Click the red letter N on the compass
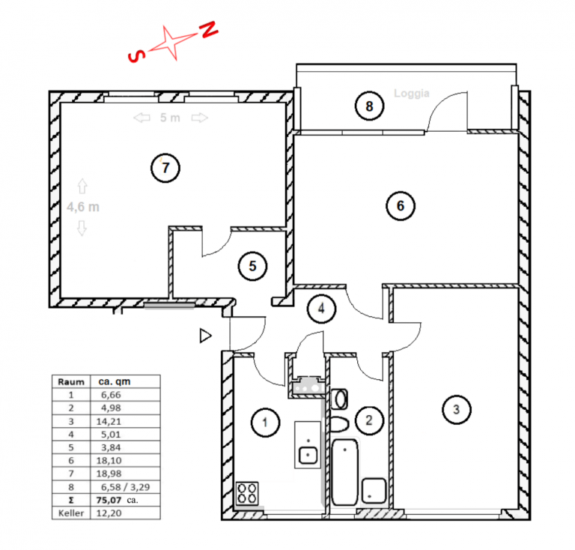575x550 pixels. [209, 29]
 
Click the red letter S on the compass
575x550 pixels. [136, 55]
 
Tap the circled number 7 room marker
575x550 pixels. [165, 168]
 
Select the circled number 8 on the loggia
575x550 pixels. [369, 106]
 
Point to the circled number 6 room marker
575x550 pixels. [401, 206]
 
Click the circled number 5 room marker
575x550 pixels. [252, 266]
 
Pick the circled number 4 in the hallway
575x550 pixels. [322, 309]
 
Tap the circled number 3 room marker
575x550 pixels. [457, 409]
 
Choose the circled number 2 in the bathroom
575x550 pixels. [369, 420]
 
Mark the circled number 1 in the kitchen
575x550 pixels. [265, 423]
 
